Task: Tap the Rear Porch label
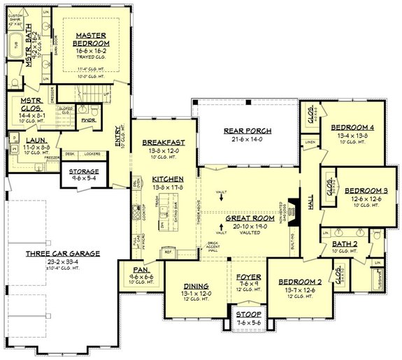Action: point(247,131)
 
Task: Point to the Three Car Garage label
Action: point(64,253)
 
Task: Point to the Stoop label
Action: point(247,315)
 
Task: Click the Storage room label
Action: point(83,171)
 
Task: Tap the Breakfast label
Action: point(167,143)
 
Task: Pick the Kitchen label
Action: point(168,179)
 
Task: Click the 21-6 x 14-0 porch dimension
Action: point(247,140)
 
